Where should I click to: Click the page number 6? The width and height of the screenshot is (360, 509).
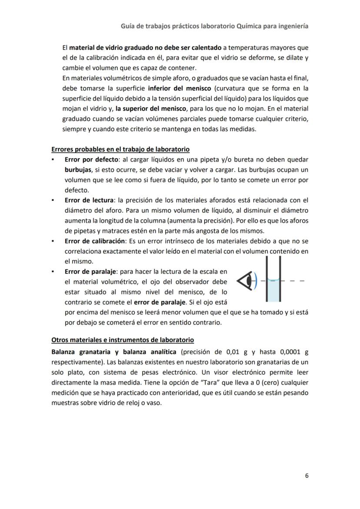(307, 476)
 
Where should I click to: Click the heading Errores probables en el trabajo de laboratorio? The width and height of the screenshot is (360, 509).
(120, 149)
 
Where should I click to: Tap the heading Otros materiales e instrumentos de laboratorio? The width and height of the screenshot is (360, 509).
(123, 339)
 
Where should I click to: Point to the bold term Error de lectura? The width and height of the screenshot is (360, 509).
(89, 200)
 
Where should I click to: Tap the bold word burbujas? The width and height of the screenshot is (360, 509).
(78, 170)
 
